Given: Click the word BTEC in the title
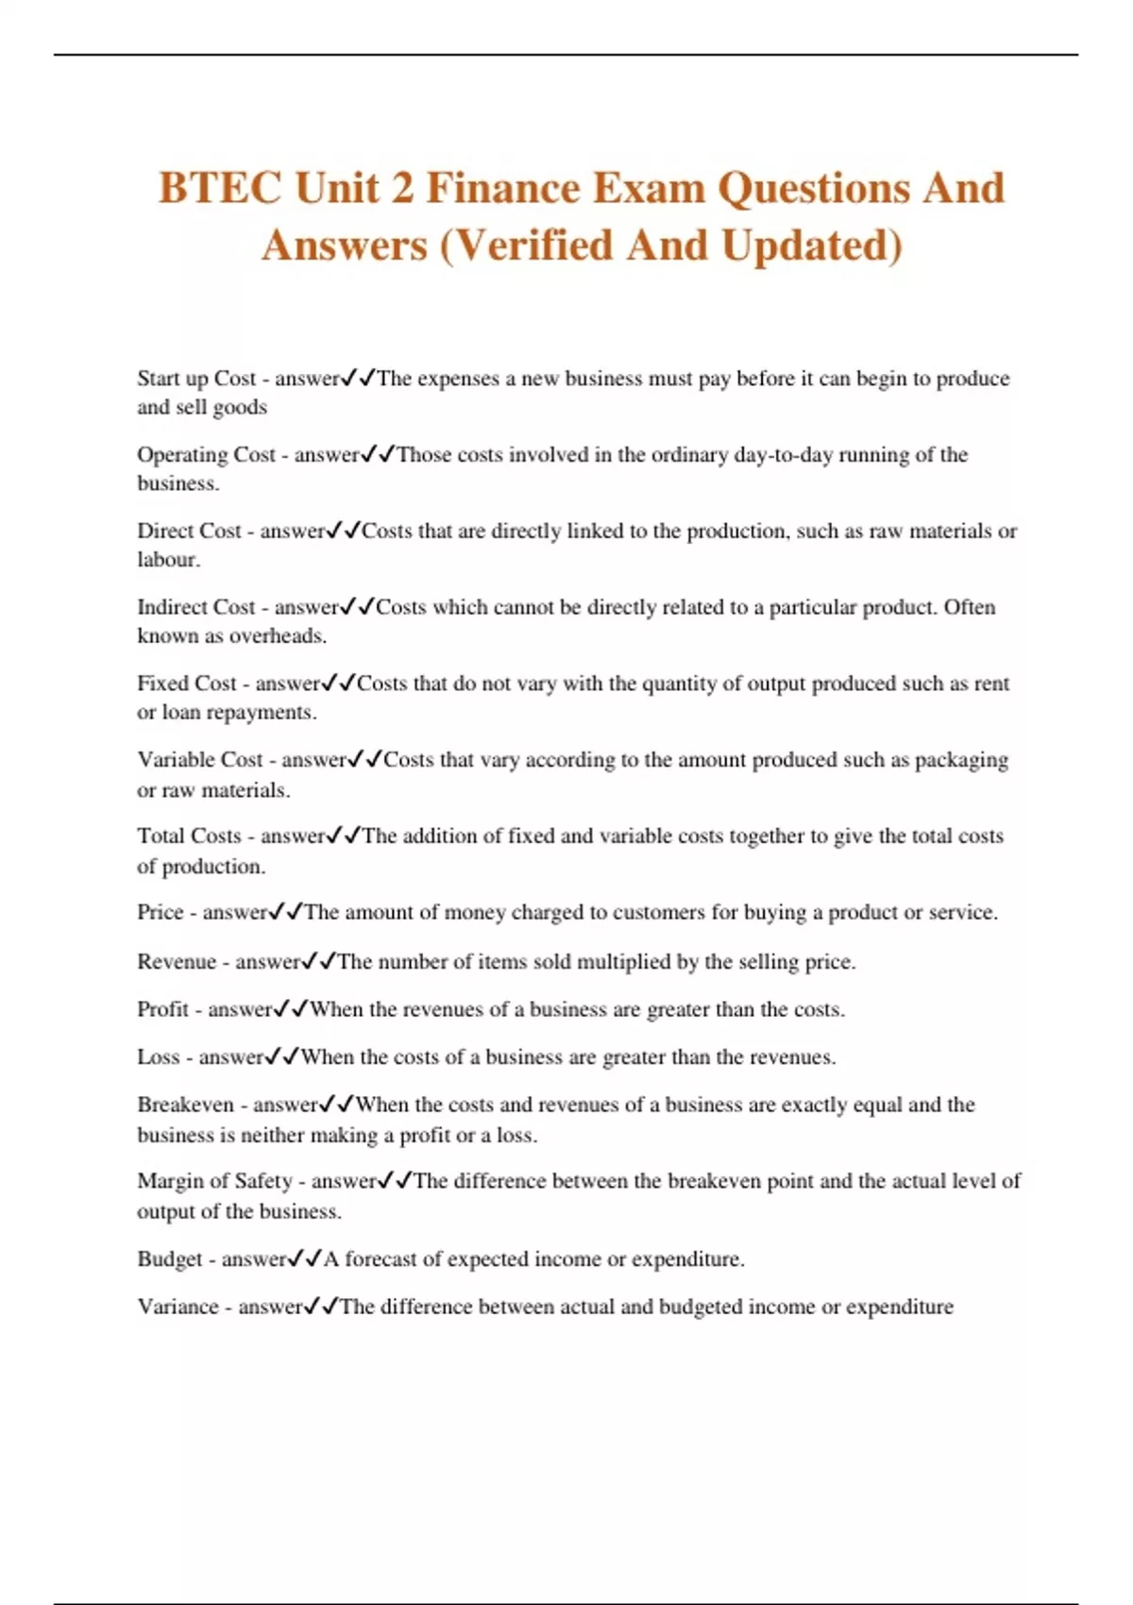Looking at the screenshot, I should (x=219, y=187).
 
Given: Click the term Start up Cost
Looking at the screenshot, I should (x=196, y=379).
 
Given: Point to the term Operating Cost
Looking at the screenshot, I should (x=206, y=455).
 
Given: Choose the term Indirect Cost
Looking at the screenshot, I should (x=196, y=607).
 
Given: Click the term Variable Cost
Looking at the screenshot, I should (x=200, y=760).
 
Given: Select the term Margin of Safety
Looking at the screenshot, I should (x=215, y=1181).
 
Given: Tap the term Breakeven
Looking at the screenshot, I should (x=185, y=1105).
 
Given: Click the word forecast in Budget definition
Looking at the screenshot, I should (x=380, y=1259).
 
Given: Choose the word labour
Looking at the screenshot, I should (x=168, y=560).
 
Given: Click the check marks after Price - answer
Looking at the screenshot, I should (x=286, y=912).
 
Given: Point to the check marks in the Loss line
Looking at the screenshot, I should (x=282, y=1057).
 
